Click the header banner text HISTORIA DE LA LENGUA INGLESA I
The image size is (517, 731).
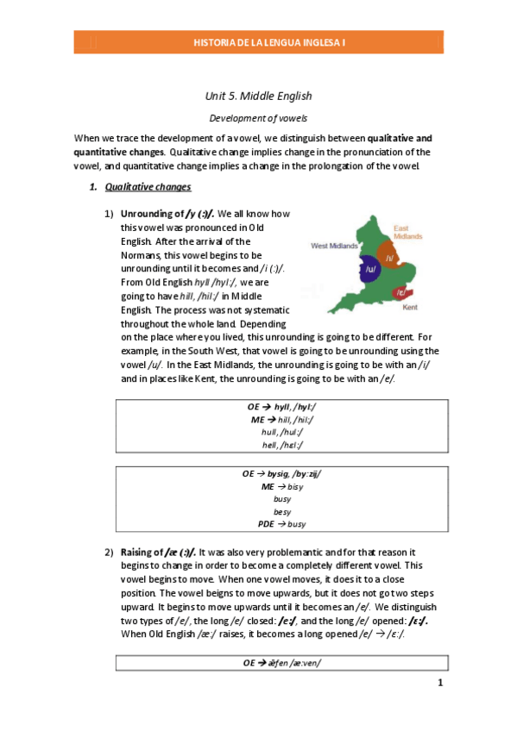click(258, 41)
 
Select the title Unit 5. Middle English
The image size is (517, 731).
click(258, 96)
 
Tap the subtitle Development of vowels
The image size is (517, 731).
click(258, 117)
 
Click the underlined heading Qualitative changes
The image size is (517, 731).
click(148, 186)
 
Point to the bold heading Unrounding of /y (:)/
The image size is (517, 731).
click(167, 213)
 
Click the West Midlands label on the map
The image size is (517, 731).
click(335, 245)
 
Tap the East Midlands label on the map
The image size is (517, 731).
click(407, 231)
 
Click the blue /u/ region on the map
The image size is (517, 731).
click(370, 269)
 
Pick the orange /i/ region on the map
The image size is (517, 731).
click(390, 258)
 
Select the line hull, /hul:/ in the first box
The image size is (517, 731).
click(282, 431)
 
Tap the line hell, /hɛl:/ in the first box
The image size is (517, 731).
click(282, 444)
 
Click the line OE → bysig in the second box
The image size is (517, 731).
click(282, 474)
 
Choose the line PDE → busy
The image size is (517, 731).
click(282, 523)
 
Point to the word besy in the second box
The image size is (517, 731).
click(282, 511)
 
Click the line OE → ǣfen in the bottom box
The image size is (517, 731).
click(282, 662)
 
